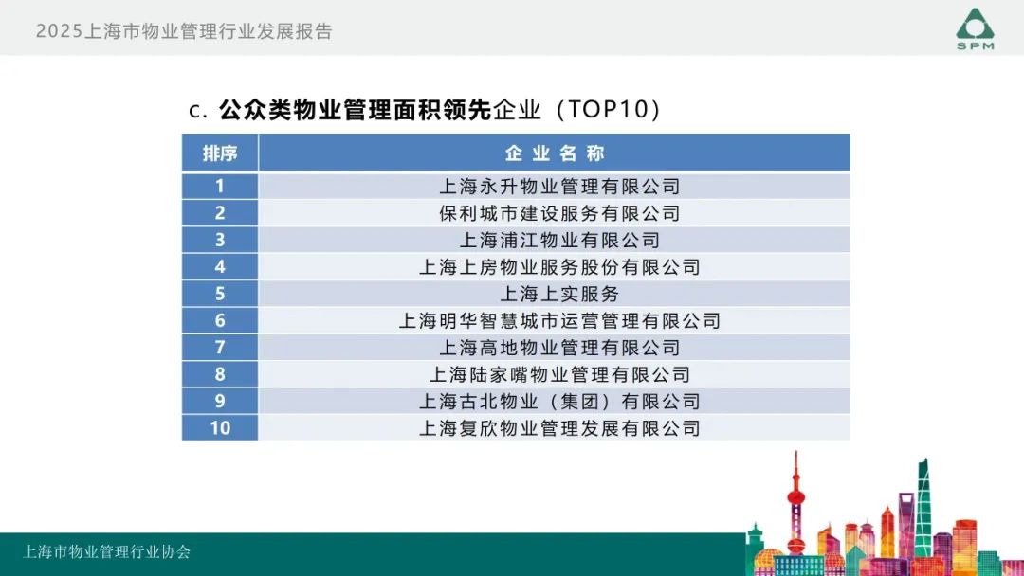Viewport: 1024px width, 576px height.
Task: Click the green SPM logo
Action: [x=975, y=28]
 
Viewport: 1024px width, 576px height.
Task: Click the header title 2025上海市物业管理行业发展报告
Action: [x=184, y=31]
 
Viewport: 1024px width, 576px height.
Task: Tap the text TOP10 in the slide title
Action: [x=607, y=109]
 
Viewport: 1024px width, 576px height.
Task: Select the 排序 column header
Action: [x=219, y=153]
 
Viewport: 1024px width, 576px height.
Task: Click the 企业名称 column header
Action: [x=555, y=153]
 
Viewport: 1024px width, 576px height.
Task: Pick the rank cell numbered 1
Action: [x=219, y=186]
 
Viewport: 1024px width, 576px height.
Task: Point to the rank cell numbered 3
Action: [x=219, y=240]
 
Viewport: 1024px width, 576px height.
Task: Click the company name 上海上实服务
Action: [x=559, y=294]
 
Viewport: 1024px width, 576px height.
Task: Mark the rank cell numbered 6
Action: [x=219, y=320]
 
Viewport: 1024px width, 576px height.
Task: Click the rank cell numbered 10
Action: [x=219, y=428]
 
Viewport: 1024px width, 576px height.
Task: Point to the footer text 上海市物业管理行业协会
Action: [x=106, y=552]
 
